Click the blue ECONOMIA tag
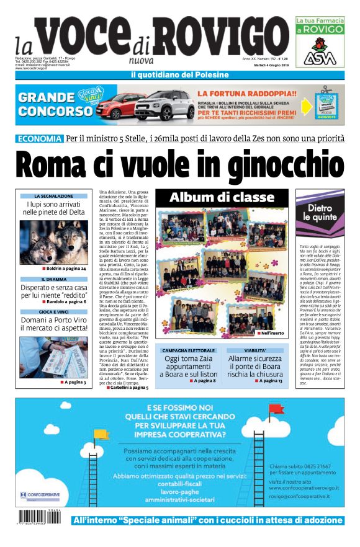point(40,138)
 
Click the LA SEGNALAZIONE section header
point(53,196)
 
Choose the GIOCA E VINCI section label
point(53,311)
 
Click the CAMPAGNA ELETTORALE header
point(187,350)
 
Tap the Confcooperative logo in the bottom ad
point(41,496)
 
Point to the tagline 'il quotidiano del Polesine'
point(179,75)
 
